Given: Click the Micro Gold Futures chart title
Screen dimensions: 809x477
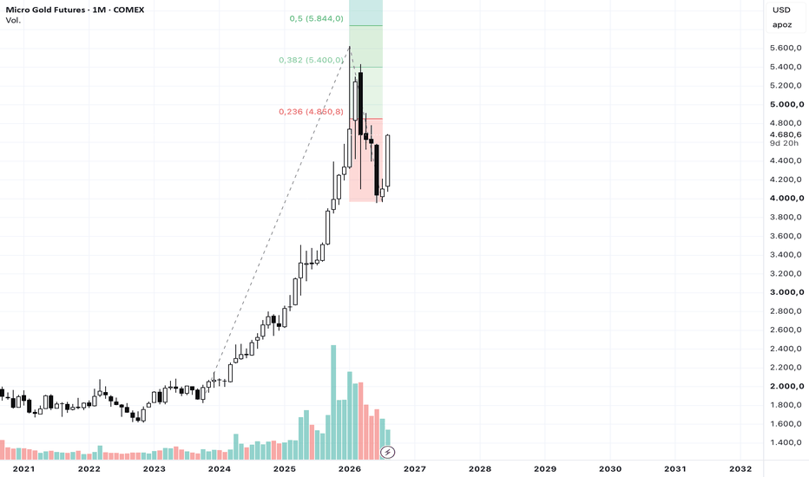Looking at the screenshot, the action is click(x=75, y=10).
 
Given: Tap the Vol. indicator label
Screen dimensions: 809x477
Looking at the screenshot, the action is click(x=13, y=20).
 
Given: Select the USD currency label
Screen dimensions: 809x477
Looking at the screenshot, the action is click(x=781, y=10).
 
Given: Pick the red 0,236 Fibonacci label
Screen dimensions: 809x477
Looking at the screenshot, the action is click(x=311, y=111).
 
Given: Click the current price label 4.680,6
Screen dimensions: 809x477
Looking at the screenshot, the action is click(x=786, y=134).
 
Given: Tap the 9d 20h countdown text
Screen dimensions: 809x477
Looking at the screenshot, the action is click(x=784, y=143).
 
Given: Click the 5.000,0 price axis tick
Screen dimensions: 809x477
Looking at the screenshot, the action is click(x=786, y=104).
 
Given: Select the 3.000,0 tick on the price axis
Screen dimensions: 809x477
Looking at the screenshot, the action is click(x=786, y=292).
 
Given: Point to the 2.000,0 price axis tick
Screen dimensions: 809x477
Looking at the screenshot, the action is click(x=786, y=386).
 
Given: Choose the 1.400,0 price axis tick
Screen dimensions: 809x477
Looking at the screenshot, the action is click(x=786, y=442).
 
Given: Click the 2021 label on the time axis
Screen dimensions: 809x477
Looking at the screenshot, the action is click(x=23, y=468).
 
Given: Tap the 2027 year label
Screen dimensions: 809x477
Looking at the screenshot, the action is click(x=414, y=468).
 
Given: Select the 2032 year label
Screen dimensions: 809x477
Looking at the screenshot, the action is click(x=740, y=468).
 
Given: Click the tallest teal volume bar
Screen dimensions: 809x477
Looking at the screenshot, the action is click(x=333, y=402).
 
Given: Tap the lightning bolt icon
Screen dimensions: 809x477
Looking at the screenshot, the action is click(x=387, y=452).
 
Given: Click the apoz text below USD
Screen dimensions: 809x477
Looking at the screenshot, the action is click(x=782, y=25).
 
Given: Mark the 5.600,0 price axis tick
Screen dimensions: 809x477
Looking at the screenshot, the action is click(x=786, y=48).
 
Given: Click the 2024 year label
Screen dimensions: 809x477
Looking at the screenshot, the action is click(x=220, y=468).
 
